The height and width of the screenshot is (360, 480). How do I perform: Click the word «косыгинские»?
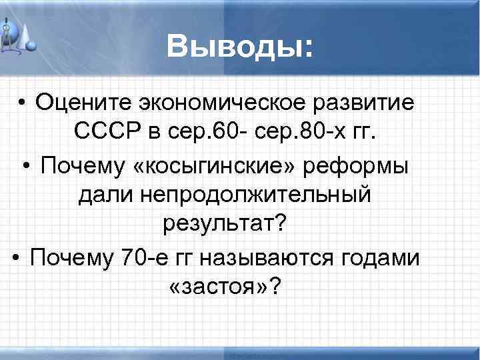(210, 164)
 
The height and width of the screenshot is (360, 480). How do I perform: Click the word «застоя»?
(220, 287)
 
